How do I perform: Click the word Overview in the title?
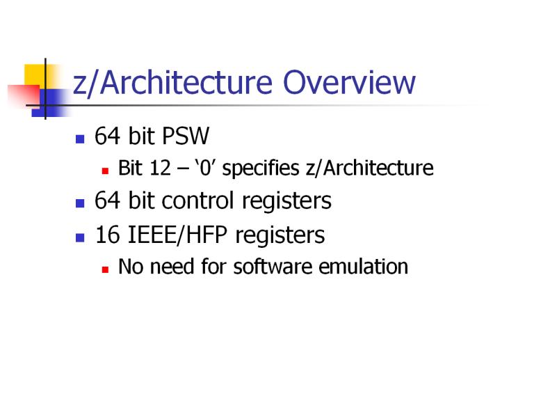(349, 83)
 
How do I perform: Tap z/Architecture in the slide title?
(172, 84)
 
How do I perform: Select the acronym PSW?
(186, 136)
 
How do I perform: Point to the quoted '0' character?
(205, 168)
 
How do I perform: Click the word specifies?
(261, 168)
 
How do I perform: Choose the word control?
(198, 200)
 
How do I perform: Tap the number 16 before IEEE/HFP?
(108, 235)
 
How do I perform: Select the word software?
(273, 267)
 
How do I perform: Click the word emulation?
(364, 267)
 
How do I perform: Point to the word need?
(171, 267)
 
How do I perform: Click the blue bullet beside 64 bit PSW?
(80, 139)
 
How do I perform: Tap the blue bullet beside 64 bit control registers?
(80, 203)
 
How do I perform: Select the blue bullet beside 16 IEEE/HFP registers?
(80, 237)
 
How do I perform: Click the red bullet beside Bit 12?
(105, 171)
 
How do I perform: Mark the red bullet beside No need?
(105, 269)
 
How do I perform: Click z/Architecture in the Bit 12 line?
(370, 168)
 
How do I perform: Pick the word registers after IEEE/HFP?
(280, 235)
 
